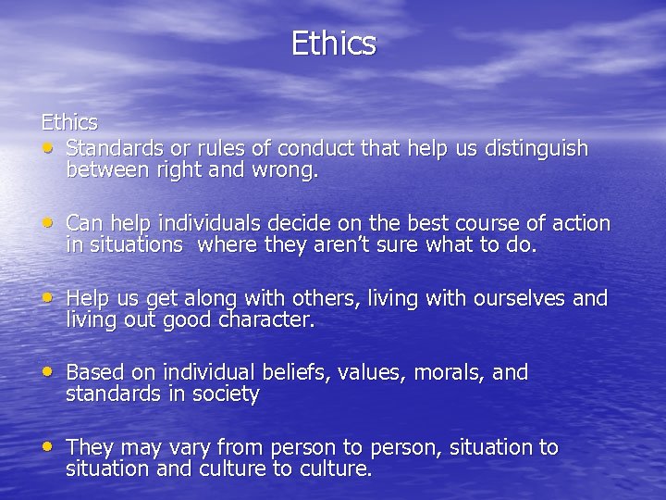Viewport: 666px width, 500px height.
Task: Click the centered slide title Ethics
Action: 333,44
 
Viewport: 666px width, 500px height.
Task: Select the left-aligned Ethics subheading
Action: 68,122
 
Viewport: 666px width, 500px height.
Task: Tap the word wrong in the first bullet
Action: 285,170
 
